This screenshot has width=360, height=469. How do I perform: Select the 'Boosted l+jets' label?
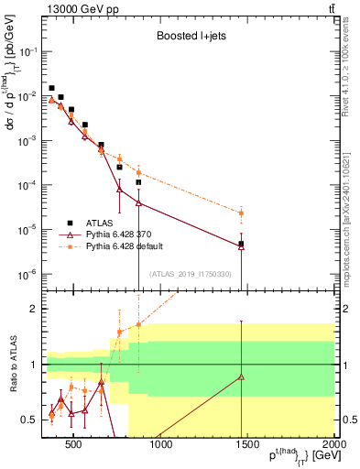point(191,37)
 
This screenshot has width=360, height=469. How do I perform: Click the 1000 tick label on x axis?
point(160,446)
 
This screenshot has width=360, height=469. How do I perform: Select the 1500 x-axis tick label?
point(247,446)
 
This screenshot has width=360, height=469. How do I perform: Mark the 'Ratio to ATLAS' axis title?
point(12,365)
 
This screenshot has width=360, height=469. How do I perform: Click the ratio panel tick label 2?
point(33,309)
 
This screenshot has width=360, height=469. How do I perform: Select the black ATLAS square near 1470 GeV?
point(241,244)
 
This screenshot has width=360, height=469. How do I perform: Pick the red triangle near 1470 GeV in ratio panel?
point(241,376)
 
